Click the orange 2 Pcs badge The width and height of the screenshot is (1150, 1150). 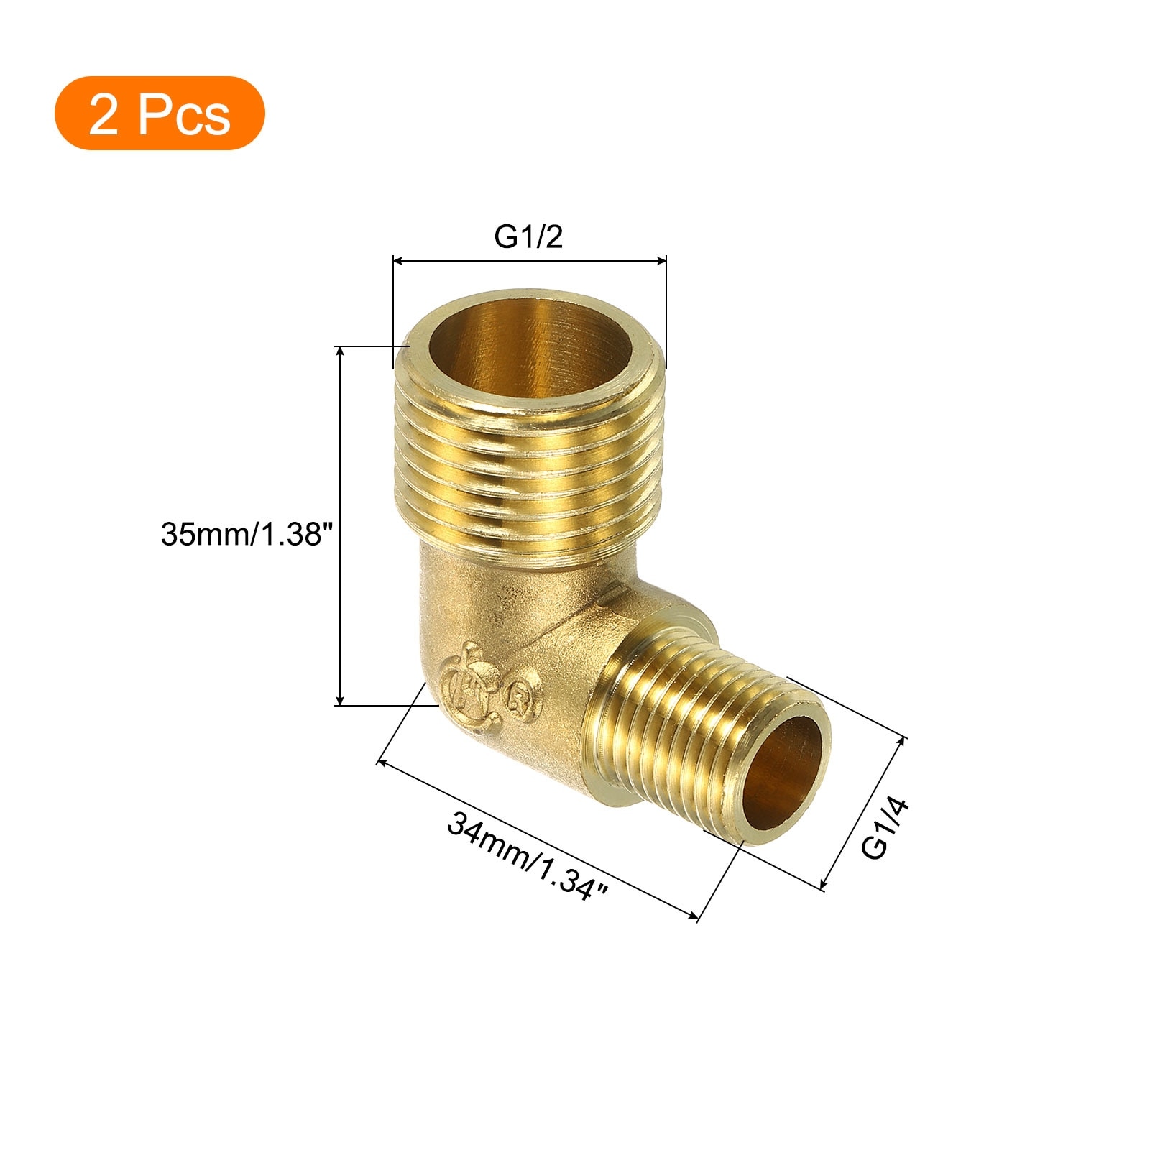pos(160,113)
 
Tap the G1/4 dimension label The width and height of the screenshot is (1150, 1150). pos(885,828)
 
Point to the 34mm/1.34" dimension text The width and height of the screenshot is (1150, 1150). pos(528,855)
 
